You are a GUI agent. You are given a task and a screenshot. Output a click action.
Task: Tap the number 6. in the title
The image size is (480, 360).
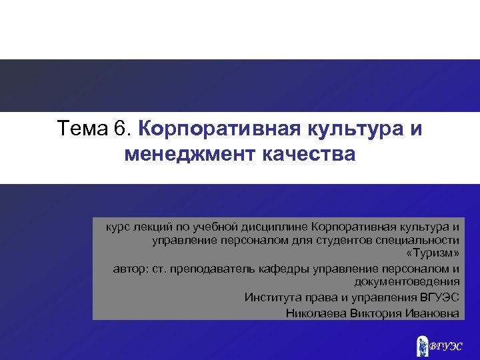pos(125,127)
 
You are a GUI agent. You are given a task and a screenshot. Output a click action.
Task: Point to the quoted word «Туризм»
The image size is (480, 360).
pos(432,255)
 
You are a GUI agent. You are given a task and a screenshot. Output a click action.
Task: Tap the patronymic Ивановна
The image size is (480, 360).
pos(432,312)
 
